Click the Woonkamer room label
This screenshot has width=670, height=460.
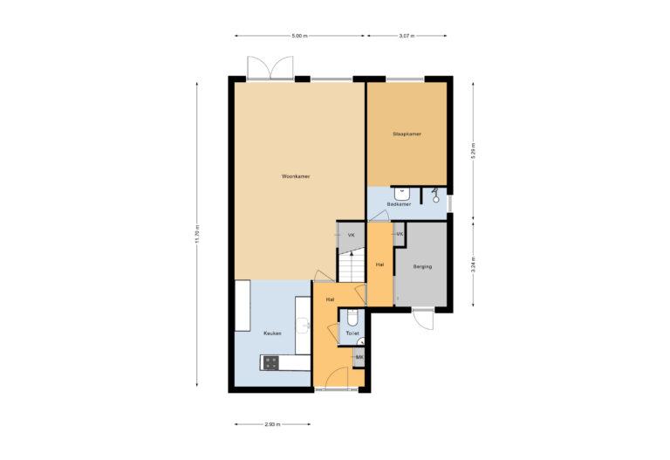point(297,175)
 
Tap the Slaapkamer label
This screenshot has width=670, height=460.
point(407,134)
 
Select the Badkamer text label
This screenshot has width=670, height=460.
point(399,204)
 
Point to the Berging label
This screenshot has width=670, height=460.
point(422,266)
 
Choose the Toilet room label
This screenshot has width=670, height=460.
point(352,333)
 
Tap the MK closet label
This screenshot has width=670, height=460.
point(359,357)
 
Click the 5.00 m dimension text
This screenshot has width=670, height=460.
point(299,36)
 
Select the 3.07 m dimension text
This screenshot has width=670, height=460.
point(406,36)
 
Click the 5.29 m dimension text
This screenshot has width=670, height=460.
point(473,148)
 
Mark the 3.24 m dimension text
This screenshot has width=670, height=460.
point(473,263)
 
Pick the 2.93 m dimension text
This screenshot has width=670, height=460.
point(272,424)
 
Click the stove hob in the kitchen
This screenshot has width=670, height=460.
point(270,360)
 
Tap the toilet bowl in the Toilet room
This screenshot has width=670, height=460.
point(352,318)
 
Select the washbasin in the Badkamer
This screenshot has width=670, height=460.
point(401,194)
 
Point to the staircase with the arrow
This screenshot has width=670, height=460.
point(351,264)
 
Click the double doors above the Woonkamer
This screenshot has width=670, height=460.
point(270,68)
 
